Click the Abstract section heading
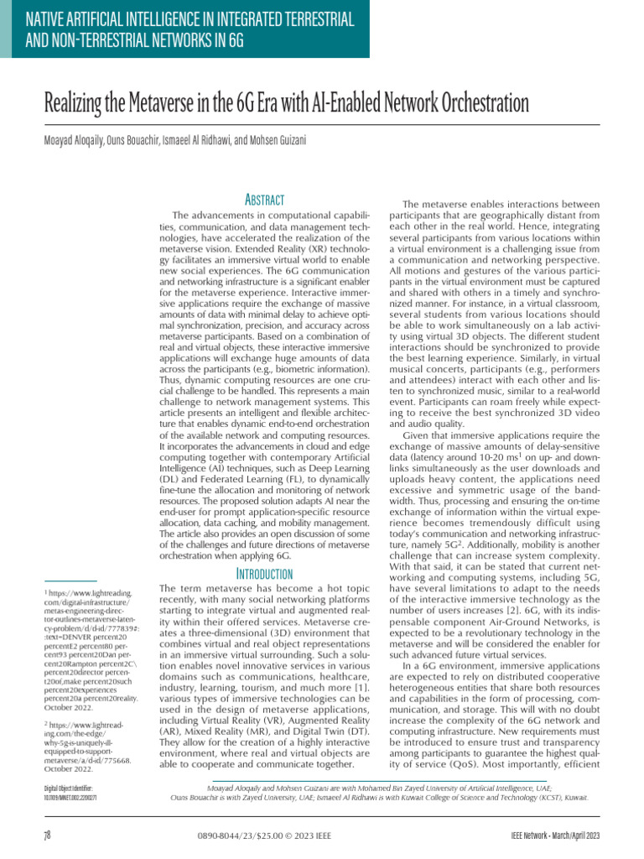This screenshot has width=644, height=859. tap(264, 200)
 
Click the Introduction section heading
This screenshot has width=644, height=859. tap(264, 574)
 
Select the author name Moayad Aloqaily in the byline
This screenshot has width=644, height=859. tap(73, 140)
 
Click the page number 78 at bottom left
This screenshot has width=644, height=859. tap(47, 836)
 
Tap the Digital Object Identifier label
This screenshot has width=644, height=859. tap(69, 789)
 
